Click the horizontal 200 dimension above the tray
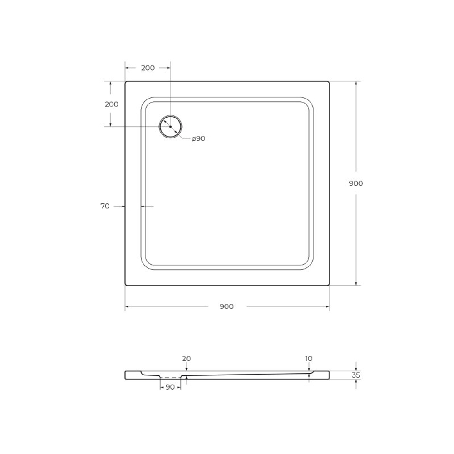pos(148,68)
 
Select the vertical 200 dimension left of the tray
pos(111,104)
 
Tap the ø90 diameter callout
pos(198,138)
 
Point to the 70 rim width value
pos(105,206)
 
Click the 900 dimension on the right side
pos(355,183)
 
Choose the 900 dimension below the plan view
pos(227,306)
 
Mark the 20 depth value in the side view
pos(186,359)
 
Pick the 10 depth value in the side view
pos(309,359)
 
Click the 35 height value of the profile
pos(356,375)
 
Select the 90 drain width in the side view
pos(170,387)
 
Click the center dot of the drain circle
pos(170,127)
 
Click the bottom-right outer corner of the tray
pos(329,285)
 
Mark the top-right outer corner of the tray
pos(329,82)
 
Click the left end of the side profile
pos(126,375)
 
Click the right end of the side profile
pos(328,375)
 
